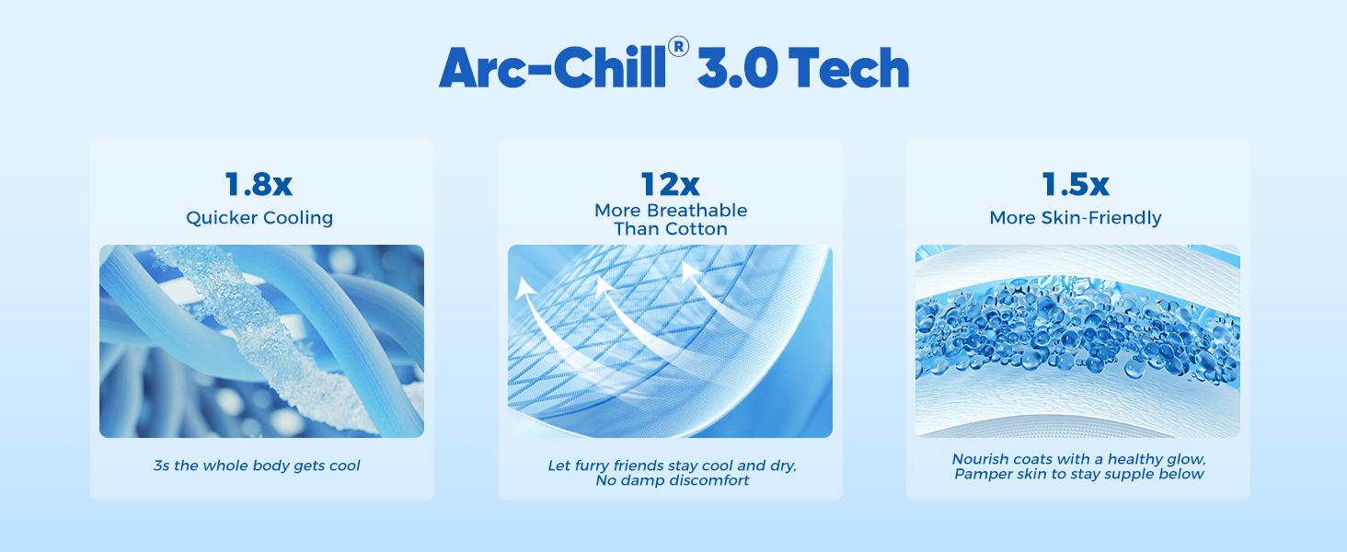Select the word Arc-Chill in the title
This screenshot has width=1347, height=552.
551,68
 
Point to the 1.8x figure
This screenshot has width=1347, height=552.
259,185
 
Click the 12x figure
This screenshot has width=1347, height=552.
670,185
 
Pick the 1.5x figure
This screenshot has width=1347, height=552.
1075,185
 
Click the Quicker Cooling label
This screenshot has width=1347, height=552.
259,218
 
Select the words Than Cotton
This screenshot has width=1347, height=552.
670,228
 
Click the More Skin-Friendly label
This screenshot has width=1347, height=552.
1075,218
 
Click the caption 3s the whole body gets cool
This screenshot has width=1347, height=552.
257,466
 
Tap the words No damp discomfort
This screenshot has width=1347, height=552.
671,480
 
